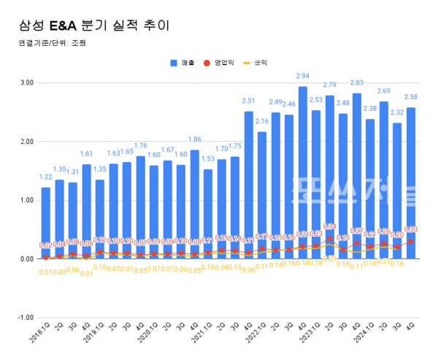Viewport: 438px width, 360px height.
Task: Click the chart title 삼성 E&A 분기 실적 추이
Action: pos(93,26)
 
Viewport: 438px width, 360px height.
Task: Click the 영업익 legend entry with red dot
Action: pos(219,63)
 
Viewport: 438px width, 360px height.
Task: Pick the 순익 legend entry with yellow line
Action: pos(254,63)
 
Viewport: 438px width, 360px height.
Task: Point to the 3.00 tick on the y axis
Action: pos(26,83)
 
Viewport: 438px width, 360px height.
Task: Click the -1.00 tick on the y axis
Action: pos(26,318)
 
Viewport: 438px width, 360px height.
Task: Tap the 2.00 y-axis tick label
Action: pos(26,141)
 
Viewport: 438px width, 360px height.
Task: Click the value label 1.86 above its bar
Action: pos(194,139)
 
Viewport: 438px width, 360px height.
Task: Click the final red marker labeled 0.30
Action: pos(411,241)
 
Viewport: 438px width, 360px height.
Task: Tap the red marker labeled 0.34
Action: pos(329,239)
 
